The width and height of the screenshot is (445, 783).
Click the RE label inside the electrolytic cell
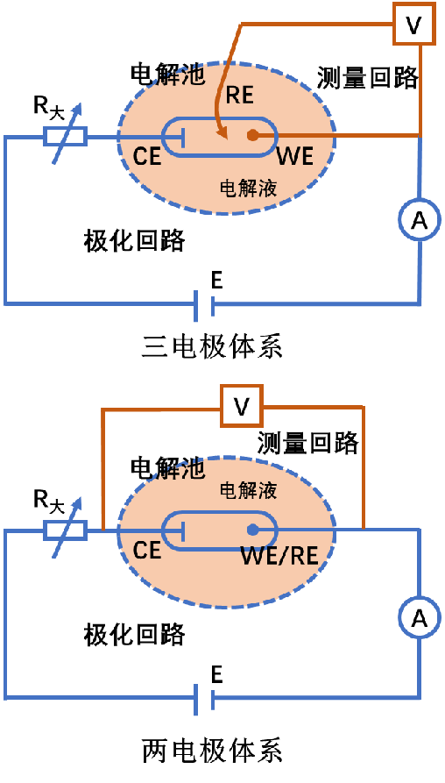239,96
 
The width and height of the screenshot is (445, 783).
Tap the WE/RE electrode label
279,556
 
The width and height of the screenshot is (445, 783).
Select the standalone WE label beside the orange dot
294,157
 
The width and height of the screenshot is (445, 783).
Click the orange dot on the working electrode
252,135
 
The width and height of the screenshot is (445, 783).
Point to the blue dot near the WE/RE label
252,530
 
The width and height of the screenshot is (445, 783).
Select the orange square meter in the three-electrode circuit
413,24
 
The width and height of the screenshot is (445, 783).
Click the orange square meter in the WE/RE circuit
241,406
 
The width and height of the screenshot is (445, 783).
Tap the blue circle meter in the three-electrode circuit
420,218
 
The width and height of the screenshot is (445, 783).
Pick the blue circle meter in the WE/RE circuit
420,616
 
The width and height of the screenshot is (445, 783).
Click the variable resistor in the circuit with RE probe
66,136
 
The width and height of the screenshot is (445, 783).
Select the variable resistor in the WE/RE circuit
66,530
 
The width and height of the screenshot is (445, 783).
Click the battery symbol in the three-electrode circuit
203,305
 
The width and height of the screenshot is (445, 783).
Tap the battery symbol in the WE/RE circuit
203,699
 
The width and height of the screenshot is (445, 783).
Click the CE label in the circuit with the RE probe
147,157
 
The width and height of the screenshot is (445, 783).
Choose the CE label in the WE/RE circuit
147,551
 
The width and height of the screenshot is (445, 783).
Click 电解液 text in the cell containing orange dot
248,188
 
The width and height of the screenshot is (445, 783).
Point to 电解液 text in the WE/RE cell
248,489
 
